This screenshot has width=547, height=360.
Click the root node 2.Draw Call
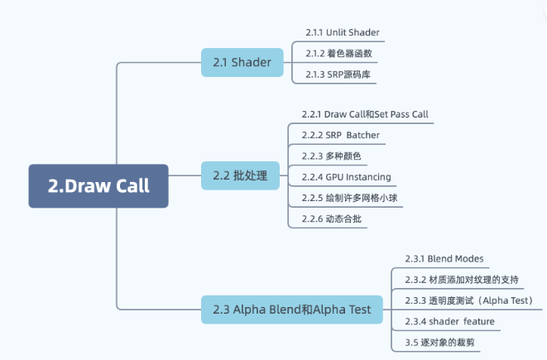(98, 185)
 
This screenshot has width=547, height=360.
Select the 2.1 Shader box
(242, 63)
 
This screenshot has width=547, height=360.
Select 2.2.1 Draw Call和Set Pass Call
(365, 113)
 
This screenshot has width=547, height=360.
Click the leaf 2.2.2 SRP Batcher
(341, 135)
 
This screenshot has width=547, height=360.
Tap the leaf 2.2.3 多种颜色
(332, 156)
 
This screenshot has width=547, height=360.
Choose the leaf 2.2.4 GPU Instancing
(346, 177)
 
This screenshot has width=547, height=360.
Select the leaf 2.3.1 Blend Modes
(444, 258)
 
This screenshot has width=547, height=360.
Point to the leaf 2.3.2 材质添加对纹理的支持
(463, 279)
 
